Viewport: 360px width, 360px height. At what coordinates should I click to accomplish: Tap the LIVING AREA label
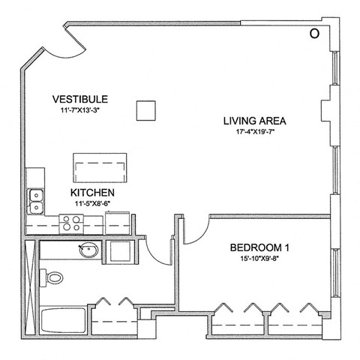pyautogui.click(x=256, y=120)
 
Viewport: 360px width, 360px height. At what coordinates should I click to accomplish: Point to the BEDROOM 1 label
pyautogui.click(x=259, y=247)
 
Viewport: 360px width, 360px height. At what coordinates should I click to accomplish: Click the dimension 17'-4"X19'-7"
pyautogui.click(x=256, y=132)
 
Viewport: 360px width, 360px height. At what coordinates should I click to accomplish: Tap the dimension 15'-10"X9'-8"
pyautogui.click(x=259, y=259)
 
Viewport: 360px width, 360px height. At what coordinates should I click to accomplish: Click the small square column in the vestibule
pyautogui.click(x=145, y=110)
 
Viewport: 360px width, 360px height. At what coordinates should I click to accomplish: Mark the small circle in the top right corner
pyautogui.click(x=315, y=33)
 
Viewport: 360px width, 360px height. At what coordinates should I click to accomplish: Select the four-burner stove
pyautogui.click(x=72, y=223)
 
